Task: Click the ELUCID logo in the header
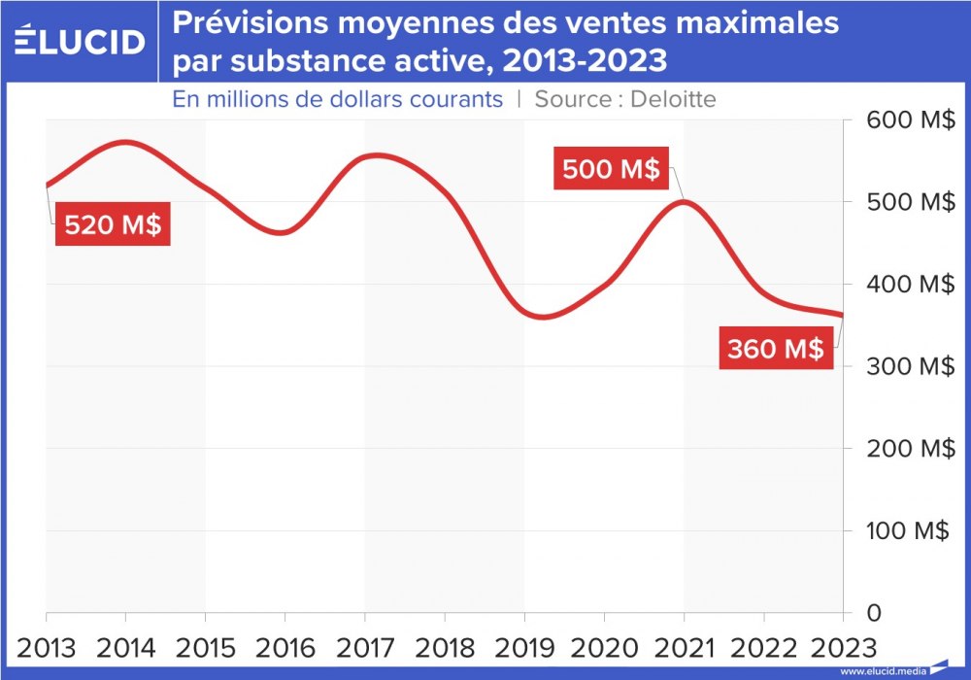(x=80, y=41)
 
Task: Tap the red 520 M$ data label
(x=113, y=225)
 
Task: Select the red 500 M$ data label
(x=611, y=169)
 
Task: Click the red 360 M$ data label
(x=776, y=348)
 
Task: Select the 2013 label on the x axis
(x=47, y=647)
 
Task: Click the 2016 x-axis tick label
(x=285, y=647)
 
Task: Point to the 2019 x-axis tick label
(x=524, y=647)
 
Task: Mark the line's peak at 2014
(x=126, y=143)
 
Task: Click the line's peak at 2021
(x=684, y=202)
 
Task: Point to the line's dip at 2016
(x=282, y=232)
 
